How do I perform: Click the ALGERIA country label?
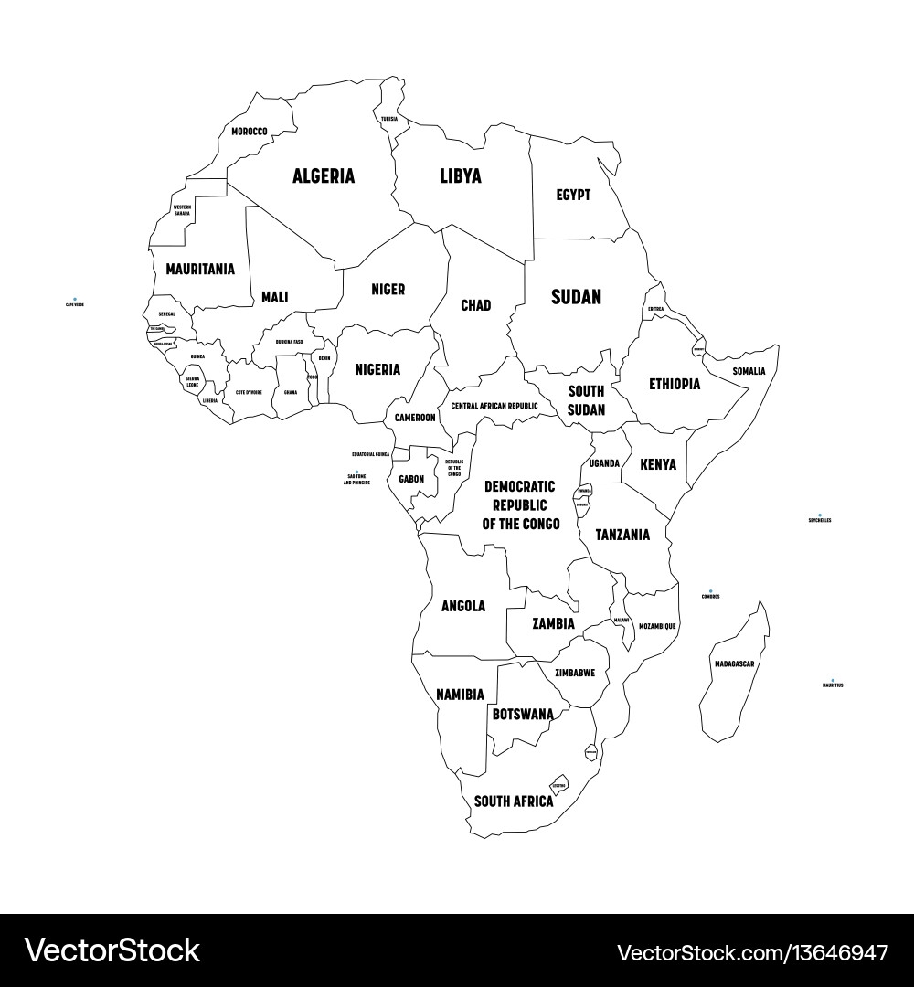point(324,176)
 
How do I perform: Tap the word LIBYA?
point(460,176)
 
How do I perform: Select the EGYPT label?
point(573,195)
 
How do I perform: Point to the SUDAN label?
point(576,297)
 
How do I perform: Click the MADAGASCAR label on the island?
point(735,663)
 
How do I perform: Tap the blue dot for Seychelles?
point(820,515)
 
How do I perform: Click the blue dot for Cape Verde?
point(74,299)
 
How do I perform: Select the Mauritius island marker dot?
point(832,680)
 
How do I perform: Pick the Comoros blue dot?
point(710,591)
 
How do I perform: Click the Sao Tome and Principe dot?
point(356,472)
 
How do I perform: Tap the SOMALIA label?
point(749,371)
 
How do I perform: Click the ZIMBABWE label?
point(575,673)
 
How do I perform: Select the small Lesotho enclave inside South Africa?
point(558,785)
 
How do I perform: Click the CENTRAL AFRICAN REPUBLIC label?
point(494,406)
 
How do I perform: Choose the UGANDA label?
point(604,463)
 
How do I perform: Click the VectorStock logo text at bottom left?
point(112,951)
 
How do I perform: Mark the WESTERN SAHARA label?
point(183,210)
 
